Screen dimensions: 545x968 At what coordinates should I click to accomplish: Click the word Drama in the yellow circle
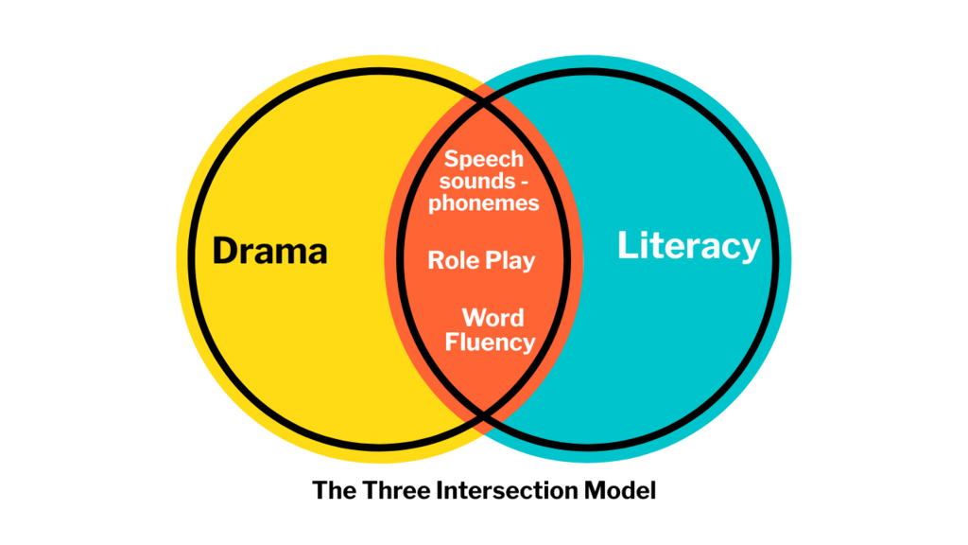[x=270, y=251]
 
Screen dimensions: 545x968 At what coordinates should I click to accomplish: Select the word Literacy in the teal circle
[x=688, y=246]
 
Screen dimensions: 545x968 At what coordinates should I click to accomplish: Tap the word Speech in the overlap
[x=484, y=159]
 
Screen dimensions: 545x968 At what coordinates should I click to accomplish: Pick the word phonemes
[x=484, y=202]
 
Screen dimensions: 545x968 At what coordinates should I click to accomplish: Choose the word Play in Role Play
[x=510, y=261]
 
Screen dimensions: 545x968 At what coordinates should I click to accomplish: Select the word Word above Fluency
[x=493, y=318]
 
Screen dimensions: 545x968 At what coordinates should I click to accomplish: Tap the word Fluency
[x=490, y=342]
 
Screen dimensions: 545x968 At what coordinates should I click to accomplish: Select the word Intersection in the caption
[x=493, y=491]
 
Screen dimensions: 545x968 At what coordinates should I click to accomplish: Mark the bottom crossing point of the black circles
[x=484, y=413]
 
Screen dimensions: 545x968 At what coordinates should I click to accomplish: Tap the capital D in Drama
[x=224, y=251]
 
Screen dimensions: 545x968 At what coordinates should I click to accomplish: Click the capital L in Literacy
[x=626, y=246]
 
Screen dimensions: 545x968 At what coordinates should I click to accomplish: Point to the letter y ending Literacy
[x=750, y=250]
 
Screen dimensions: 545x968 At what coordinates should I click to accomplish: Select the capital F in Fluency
[x=451, y=342]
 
